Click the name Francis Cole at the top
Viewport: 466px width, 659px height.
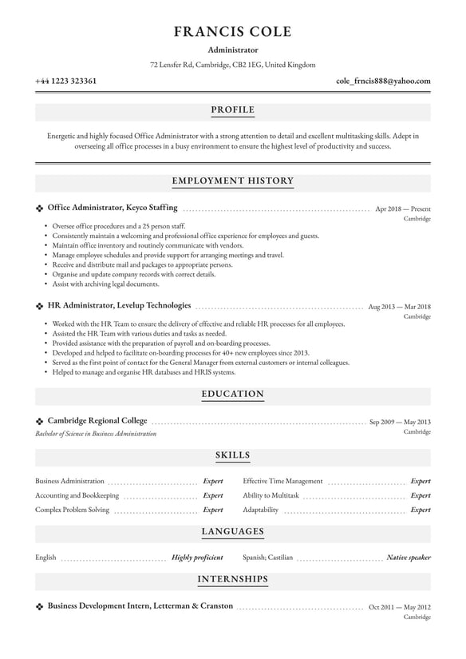(233, 33)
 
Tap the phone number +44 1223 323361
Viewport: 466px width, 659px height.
(66, 81)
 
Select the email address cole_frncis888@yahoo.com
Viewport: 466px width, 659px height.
(383, 81)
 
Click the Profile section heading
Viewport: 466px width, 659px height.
(233, 109)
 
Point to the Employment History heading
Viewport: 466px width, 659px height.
(233, 181)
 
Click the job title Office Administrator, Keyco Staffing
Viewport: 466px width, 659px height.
(113, 208)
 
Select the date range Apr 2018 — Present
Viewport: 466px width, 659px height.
(402, 208)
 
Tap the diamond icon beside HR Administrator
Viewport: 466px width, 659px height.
(40, 306)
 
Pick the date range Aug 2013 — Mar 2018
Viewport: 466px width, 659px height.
(399, 306)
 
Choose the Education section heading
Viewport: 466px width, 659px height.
(233, 394)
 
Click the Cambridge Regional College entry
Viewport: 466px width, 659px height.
(97, 421)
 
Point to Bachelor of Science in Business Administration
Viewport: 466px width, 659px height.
(96, 434)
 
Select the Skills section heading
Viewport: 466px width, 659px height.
(233, 455)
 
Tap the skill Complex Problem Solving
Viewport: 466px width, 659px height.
(73, 510)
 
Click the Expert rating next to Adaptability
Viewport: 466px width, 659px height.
(421, 510)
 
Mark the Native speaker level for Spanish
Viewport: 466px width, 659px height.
(409, 558)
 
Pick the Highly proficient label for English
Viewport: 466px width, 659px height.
(197, 558)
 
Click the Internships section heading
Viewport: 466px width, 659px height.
(233, 578)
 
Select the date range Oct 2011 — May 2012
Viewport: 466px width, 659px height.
(400, 606)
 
